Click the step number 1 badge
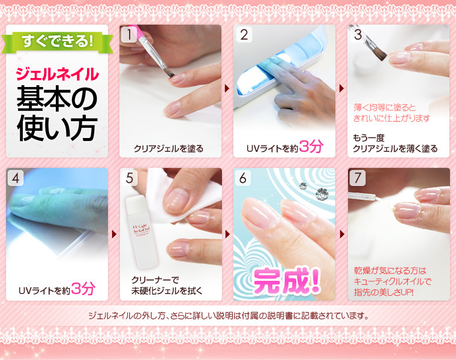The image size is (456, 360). pos(128,34)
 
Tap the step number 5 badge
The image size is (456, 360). pos(130,178)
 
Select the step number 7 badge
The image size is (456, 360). pos(358,178)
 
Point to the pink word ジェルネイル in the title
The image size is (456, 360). pos(57,74)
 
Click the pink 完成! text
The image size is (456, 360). pos(286,281)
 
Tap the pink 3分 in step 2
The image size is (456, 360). pos(311,146)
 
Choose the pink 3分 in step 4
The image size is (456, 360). pos(83,289)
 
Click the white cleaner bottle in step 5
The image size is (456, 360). pos(142,232)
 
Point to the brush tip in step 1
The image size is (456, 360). pos(169,73)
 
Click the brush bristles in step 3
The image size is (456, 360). pos(380,54)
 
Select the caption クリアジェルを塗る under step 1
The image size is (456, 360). pos(169,149)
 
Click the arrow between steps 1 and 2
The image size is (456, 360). pos(227,88)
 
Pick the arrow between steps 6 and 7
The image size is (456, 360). pos(342,234)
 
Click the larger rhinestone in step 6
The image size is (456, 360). pos(322,193)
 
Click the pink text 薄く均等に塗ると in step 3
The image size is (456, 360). pos(385,107)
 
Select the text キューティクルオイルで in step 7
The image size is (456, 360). pos(392,281)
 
